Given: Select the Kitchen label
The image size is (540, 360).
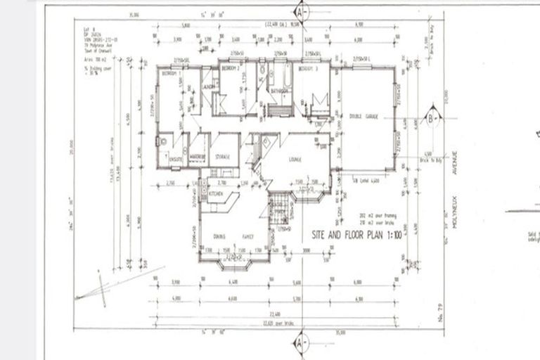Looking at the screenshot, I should (x=214, y=192).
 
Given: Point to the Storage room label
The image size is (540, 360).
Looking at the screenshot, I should (x=224, y=156).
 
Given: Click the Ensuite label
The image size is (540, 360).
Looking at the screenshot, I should (x=176, y=160).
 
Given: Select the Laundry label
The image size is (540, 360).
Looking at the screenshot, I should (x=209, y=86).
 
